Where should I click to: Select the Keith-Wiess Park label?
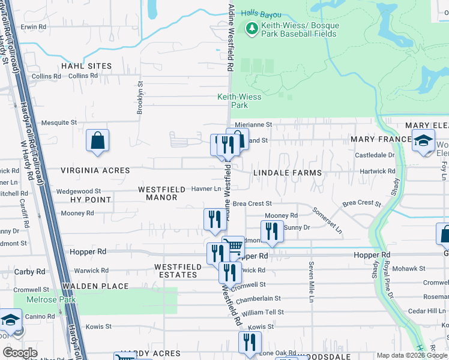pos(232,101)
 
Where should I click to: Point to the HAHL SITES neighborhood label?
pos(86,66)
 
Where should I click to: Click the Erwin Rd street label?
pos(34,27)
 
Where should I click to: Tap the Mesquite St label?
pos(59,122)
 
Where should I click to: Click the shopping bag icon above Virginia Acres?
pos(97,141)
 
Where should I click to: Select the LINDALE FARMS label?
pos(287,173)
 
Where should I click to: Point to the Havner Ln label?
pos(206,189)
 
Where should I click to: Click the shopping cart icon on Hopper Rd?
pos(234,245)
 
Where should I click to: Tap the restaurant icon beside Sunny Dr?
pos(272,231)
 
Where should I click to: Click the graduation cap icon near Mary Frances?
pos(423,141)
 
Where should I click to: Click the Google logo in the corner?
pos(20,353)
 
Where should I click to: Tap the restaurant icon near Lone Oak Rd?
pos(250,342)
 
